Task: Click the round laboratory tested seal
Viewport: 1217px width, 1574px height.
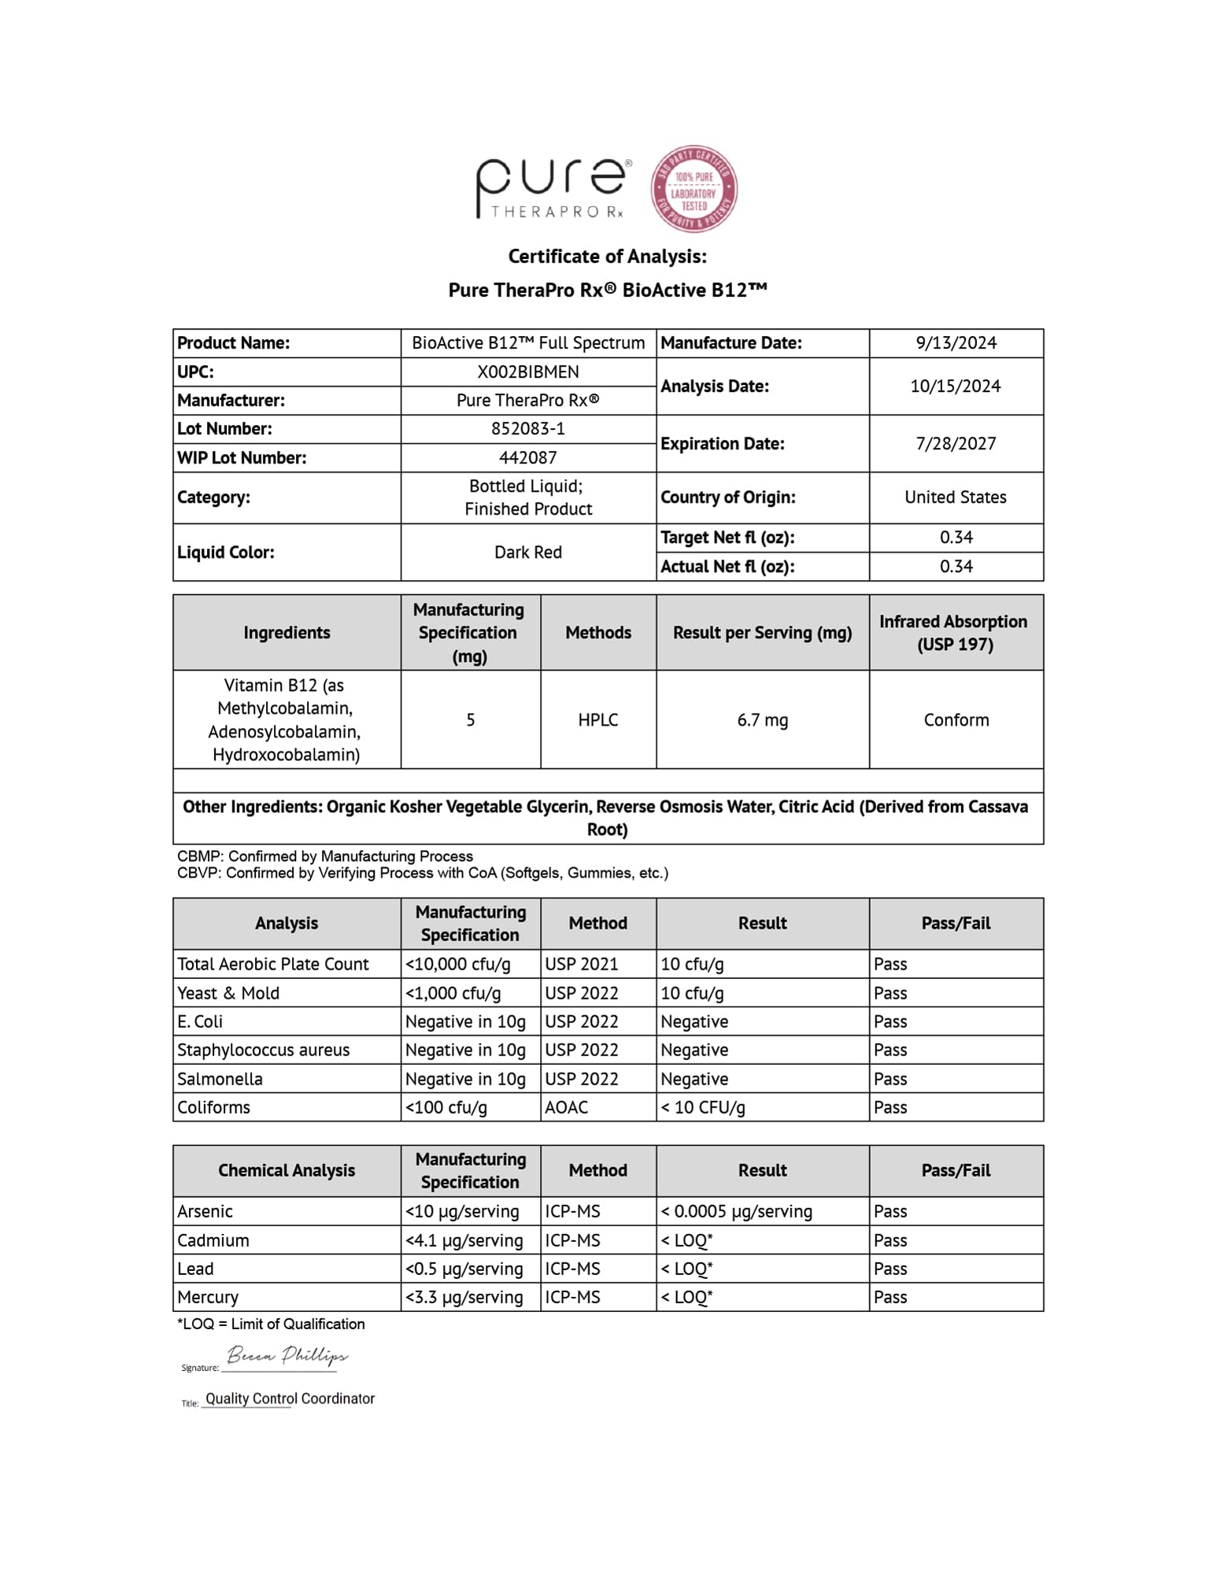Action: point(694,189)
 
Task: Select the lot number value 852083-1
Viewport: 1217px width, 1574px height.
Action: point(527,429)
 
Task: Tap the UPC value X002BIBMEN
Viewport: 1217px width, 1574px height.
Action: point(527,372)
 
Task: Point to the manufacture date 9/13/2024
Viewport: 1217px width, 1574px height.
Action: point(956,343)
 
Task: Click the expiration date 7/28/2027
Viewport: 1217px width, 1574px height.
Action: point(956,444)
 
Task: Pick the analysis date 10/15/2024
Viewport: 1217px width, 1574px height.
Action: point(955,386)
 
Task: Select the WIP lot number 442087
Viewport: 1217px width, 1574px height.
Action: point(527,458)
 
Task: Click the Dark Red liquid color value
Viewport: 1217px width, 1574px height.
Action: point(527,552)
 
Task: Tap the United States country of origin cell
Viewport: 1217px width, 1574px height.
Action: point(955,497)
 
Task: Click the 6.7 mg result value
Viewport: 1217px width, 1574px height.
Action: point(762,720)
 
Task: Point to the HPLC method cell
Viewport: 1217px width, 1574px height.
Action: point(597,720)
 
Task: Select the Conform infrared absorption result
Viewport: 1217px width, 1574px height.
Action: point(956,720)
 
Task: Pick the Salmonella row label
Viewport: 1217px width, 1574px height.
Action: point(220,1079)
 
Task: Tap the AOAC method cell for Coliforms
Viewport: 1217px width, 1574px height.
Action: point(567,1107)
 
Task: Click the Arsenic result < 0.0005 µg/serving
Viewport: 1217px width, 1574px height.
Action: point(736,1211)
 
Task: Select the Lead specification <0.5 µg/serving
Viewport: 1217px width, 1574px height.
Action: point(464,1269)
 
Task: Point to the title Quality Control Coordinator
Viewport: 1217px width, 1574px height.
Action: point(290,1398)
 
